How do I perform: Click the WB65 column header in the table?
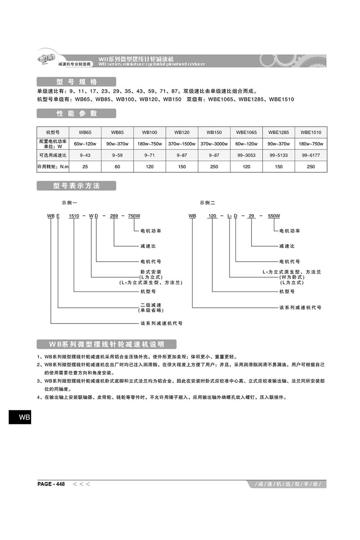pyautogui.click(x=85, y=133)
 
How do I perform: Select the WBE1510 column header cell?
pyautogui.click(x=311, y=133)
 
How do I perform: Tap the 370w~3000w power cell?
pyautogui.click(x=214, y=144)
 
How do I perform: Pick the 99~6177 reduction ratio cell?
pyautogui.click(x=311, y=155)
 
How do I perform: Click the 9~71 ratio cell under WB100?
pyautogui.click(x=150, y=155)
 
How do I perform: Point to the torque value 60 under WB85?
pyautogui.click(x=117, y=166)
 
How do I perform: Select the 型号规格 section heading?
pyautogui.click(x=76, y=82)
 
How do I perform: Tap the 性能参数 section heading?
pyautogui.click(x=76, y=113)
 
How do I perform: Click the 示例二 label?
pyautogui.click(x=208, y=203)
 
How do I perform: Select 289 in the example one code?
pyautogui.click(x=114, y=216)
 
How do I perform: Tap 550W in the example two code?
pyautogui.click(x=274, y=216)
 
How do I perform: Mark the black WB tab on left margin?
pyautogui.click(x=20, y=417)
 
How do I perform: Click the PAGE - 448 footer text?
pyautogui.click(x=51, y=484)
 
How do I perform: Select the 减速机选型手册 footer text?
pyautogui.click(x=287, y=485)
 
